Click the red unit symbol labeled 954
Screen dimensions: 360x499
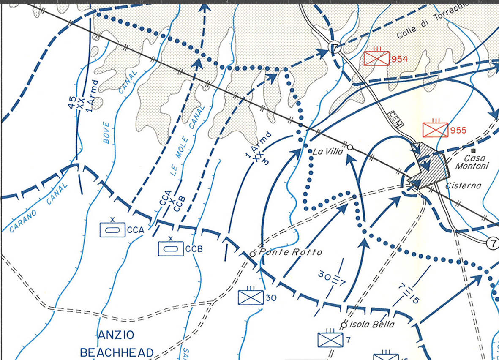(x=376, y=58)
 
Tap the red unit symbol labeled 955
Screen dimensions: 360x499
(x=435, y=130)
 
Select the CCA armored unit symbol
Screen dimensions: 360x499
(x=112, y=229)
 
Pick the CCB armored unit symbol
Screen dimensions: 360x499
(x=171, y=248)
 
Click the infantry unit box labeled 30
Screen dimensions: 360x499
(x=251, y=297)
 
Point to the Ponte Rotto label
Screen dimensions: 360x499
(x=290, y=252)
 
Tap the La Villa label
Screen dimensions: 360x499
(x=328, y=152)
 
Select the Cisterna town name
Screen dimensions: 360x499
(x=463, y=185)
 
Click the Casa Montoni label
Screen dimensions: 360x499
(x=472, y=162)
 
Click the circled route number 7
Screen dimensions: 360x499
(x=492, y=243)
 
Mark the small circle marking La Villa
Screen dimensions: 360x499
(x=350, y=147)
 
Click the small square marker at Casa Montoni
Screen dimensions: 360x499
(x=473, y=150)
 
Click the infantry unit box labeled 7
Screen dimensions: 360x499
(x=330, y=340)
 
